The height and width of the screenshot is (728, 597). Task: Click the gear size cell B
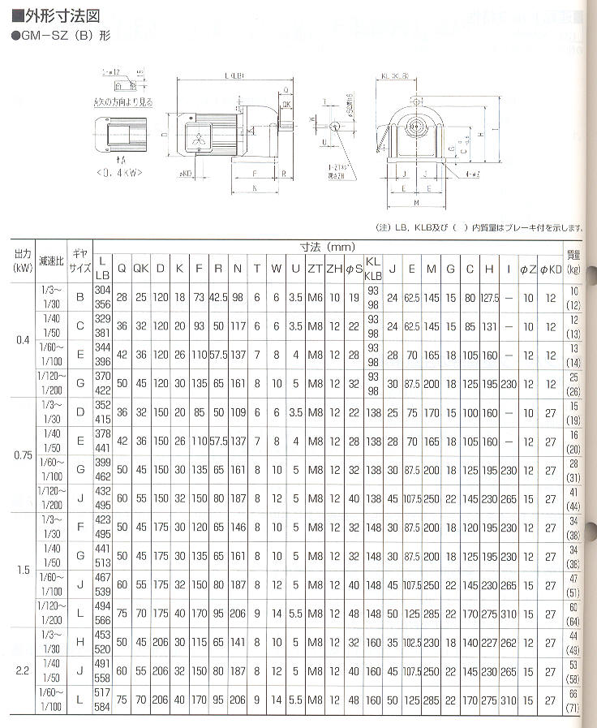(79, 298)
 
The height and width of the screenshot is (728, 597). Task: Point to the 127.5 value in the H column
(489, 298)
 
